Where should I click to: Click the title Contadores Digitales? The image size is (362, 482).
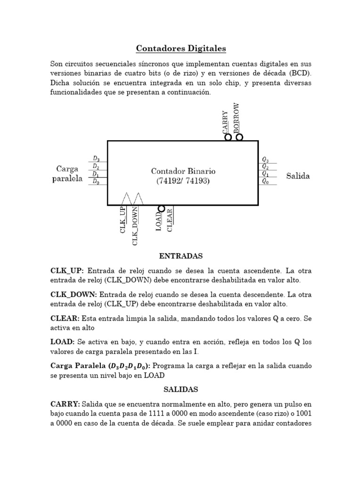coord(181,48)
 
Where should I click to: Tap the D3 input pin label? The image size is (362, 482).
coord(96,159)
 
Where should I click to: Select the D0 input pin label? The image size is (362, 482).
coord(96,181)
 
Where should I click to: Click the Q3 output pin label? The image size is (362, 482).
coord(265,159)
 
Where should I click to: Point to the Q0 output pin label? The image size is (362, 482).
coord(265,181)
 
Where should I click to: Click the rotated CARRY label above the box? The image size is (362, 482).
coord(225,122)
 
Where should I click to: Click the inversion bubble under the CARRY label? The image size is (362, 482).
coord(228,137)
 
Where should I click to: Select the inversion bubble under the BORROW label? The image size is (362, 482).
coord(239,137)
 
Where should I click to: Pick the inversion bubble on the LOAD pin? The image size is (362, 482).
coord(161,209)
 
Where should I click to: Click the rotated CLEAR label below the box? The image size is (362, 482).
coord(170,220)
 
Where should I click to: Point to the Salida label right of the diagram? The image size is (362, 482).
coord(298,176)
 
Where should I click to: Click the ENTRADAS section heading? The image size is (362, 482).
coord(181,256)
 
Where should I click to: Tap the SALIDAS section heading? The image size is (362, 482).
coord(181,389)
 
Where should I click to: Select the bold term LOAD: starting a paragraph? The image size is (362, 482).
coord(62,342)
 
